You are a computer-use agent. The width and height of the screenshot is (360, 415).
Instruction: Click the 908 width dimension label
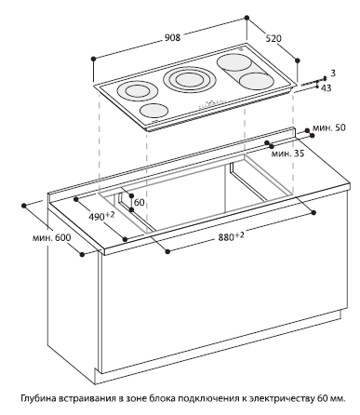click(x=172, y=37)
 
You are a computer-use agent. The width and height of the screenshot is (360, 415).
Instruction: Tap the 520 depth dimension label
click(x=273, y=38)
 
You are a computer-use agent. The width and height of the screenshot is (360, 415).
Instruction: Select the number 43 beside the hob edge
click(x=326, y=88)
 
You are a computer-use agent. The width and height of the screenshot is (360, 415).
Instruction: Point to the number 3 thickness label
click(x=333, y=74)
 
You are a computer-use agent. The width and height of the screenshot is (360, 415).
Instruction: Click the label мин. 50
click(x=329, y=127)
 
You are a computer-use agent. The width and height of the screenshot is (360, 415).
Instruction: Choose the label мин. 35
click(x=287, y=154)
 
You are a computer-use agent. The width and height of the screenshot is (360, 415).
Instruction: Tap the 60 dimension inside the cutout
click(x=140, y=202)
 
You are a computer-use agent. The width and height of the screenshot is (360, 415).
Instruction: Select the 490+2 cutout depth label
click(x=101, y=216)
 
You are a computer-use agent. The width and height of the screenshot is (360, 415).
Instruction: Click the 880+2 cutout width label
click(x=231, y=236)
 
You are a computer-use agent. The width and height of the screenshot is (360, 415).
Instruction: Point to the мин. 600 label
click(x=51, y=238)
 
